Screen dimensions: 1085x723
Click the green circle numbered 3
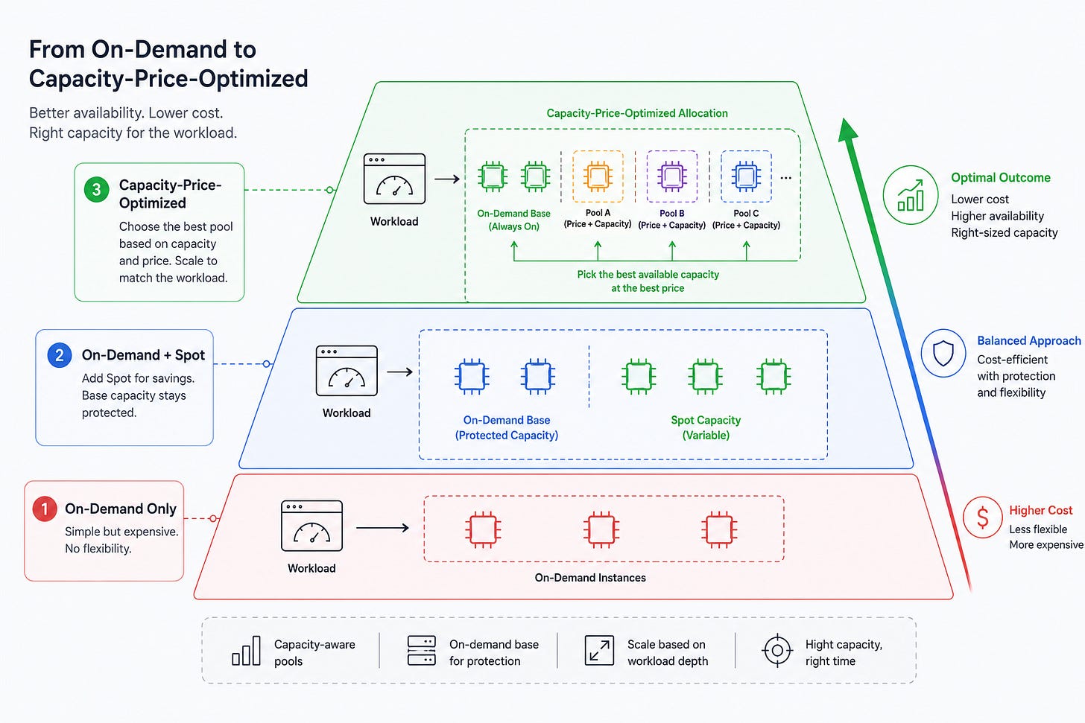click(x=96, y=189)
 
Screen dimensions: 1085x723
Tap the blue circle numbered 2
click(x=60, y=355)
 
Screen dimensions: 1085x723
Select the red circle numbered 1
click(x=45, y=509)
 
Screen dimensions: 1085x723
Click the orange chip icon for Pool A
click(x=598, y=176)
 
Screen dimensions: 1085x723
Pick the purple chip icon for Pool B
click(x=672, y=176)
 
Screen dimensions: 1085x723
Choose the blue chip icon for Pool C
click(x=746, y=176)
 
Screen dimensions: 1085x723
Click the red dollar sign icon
click(x=983, y=517)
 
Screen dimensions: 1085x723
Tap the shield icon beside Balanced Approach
click(x=943, y=353)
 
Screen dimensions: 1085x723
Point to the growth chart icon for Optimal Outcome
click(x=911, y=195)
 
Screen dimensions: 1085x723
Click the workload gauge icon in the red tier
click(x=312, y=526)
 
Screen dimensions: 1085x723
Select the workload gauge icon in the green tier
click(x=394, y=179)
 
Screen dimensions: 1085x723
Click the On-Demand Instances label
click(x=590, y=577)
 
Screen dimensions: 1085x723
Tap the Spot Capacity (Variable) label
click(x=706, y=427)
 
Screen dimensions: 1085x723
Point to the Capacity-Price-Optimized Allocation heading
click(x=637, y=113)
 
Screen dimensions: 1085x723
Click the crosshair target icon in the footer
click(x=777, y=651)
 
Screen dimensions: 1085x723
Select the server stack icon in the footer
click(x=422, y=651)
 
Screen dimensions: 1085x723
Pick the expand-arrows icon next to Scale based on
click(x=599, y=651)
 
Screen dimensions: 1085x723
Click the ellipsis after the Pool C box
click(x=785, y=178)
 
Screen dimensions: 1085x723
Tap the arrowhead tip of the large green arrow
click(x=844, y=118)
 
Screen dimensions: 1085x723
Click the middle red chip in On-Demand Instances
click(x=601, y=529)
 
